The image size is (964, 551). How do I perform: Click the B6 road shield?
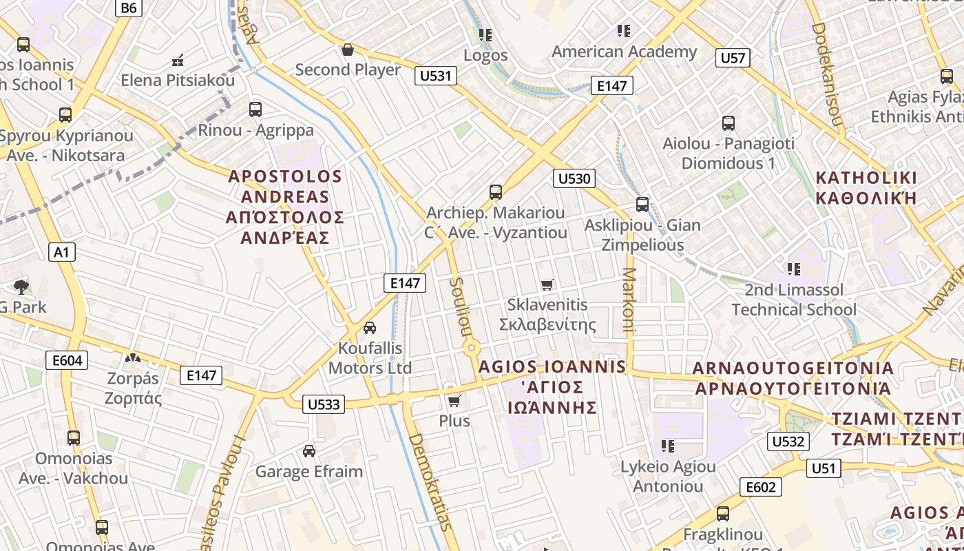[129, 8]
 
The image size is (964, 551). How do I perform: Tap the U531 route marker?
[436, 76]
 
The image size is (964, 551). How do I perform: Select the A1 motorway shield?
[62, 252]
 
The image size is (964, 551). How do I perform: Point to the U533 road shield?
[324, 404]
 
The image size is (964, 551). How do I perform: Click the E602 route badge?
[761, 488]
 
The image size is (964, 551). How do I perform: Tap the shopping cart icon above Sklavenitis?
[547, 284]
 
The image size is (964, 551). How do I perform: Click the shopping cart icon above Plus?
[454, 401]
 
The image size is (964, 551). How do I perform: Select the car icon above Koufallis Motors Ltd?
[370, 327]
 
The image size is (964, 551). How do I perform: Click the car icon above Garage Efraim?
[309, 451]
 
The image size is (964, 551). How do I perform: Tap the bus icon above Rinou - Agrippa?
[255, 109]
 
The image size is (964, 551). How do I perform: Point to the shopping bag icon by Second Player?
[348, 50]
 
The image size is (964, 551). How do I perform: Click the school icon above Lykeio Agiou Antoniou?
[667, 446]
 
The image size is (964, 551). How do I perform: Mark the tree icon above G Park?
[21, 287]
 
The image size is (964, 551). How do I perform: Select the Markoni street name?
[628, 300]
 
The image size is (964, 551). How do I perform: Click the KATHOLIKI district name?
[866, 178]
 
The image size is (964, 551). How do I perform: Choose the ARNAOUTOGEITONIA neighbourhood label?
[793, 368]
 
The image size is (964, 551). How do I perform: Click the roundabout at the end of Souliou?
[472, 349]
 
